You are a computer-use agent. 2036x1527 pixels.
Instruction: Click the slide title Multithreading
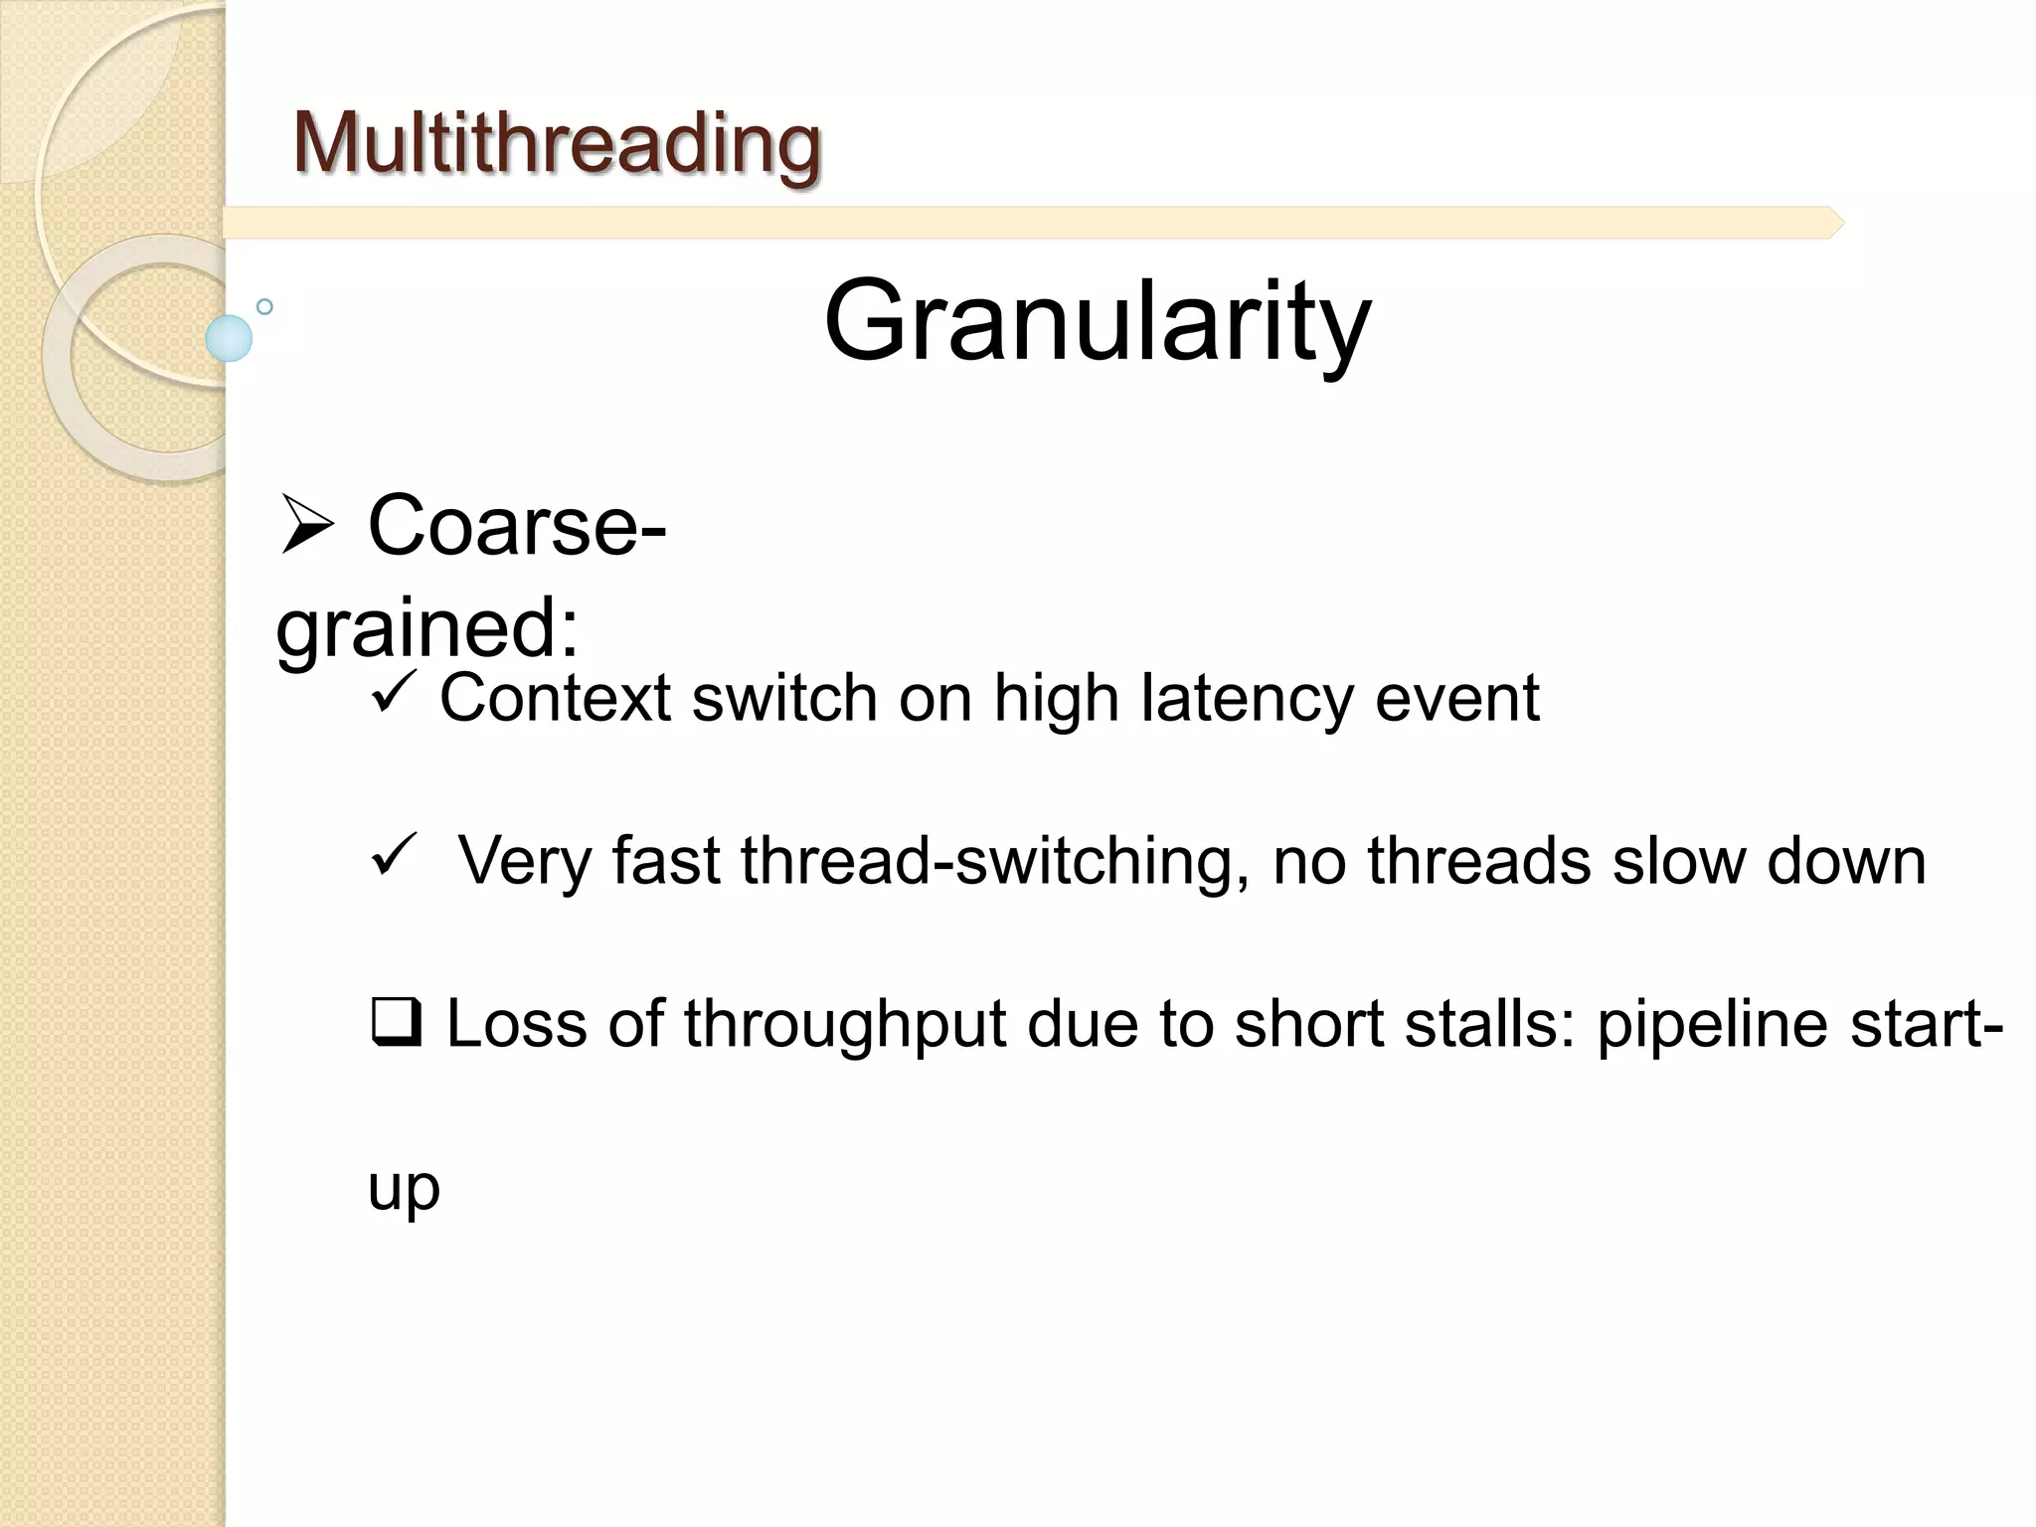click(x=557, y=143)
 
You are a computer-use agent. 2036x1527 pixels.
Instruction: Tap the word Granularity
click(x=1097, y=321)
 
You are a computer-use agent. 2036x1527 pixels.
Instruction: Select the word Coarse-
click(x=517, y=525)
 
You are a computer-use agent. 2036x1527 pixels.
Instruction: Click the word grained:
click(x=427, y=628)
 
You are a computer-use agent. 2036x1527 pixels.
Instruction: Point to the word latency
click(x=1247, y=698)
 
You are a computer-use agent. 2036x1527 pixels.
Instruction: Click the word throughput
click(x=845, y=1024)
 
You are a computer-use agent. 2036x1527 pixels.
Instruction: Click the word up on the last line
click(x=404, y=1189)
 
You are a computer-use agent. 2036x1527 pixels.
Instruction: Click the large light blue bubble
click(x=229, y=338)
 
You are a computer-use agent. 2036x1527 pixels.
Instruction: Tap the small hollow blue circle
click(x=264, y=306)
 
